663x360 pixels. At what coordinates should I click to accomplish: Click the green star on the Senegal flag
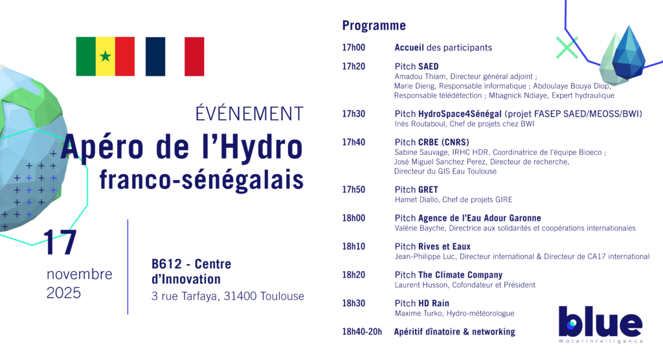[106, 56]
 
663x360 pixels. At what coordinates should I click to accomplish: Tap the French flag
[175, 56]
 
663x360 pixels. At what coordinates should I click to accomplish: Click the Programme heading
[374, 26]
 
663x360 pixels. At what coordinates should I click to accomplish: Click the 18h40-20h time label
[362, 332]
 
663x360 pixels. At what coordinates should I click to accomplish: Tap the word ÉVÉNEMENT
[249, 113]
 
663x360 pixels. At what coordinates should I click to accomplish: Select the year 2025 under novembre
[63, 293]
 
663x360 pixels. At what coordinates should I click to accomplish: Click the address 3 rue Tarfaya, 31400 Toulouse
[227, 297]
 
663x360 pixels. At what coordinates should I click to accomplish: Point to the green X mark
[567, 47]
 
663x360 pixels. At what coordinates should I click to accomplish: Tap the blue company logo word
[600, 322]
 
